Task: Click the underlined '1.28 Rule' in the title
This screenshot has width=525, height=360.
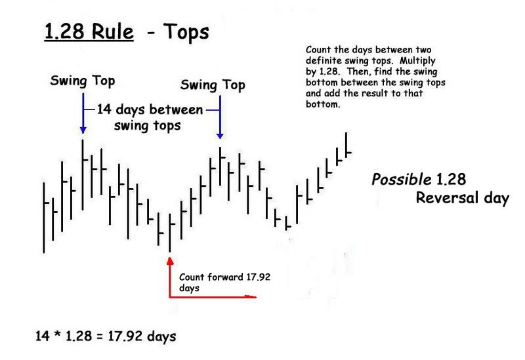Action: point(89,31)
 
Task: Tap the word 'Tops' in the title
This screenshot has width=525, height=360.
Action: point(186,32)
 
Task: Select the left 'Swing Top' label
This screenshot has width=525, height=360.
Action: point(83,81)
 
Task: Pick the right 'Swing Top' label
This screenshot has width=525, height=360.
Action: point(213,85)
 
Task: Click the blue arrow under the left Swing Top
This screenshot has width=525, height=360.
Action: point(83,113)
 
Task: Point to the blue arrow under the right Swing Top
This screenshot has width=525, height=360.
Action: point(220,117)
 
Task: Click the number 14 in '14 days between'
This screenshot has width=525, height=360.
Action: point(104,110)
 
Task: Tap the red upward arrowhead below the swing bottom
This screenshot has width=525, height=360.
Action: point(170,261)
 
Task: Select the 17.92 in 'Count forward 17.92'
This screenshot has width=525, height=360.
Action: point(258,277)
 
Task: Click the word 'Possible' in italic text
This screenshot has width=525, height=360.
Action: point(402,180)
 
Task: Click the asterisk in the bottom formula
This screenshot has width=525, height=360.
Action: point(57,334)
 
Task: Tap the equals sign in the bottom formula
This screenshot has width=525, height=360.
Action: point(100,336)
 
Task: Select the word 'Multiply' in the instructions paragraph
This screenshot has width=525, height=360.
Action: point(417,61)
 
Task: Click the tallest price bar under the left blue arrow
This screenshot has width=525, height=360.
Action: point(83,174)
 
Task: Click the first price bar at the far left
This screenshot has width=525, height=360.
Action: point(44,218)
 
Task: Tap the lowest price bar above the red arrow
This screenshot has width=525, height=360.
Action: point(170,233)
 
